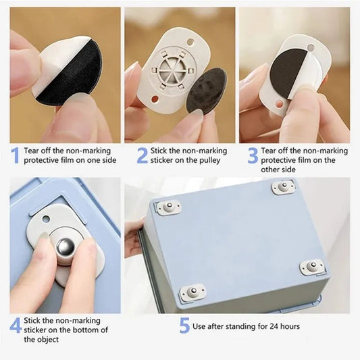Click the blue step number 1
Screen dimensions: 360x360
(15, 156)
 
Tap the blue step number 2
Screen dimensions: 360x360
(141, 156)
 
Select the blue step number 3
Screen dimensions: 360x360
(252, 156)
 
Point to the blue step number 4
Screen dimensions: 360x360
(15, 325)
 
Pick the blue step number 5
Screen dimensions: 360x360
(184, 326)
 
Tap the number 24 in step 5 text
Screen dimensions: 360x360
(268, 326)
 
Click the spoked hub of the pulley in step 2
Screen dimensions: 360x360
(168, 72)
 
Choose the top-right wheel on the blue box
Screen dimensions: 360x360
(284, 186)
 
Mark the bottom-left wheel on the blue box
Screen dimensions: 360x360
(192, 292)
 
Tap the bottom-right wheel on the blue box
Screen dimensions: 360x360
(313, 267)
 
